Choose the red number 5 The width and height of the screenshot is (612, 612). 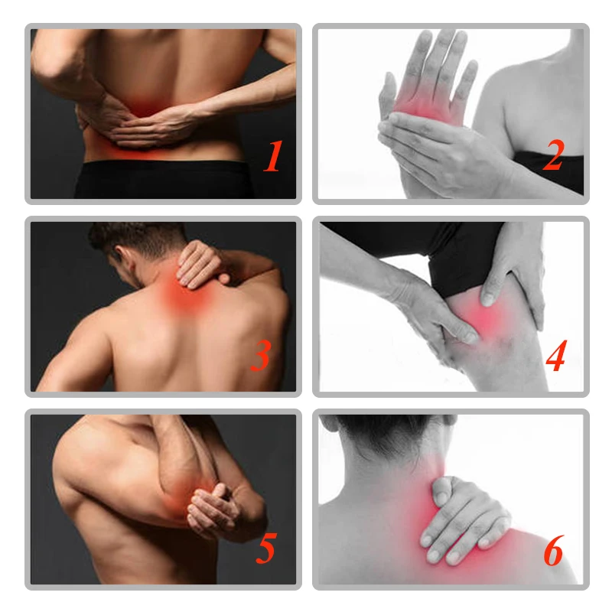tap(265, 550)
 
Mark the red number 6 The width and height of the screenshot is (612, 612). tap(555, 550)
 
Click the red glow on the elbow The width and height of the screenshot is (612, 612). tap(191, 501)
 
